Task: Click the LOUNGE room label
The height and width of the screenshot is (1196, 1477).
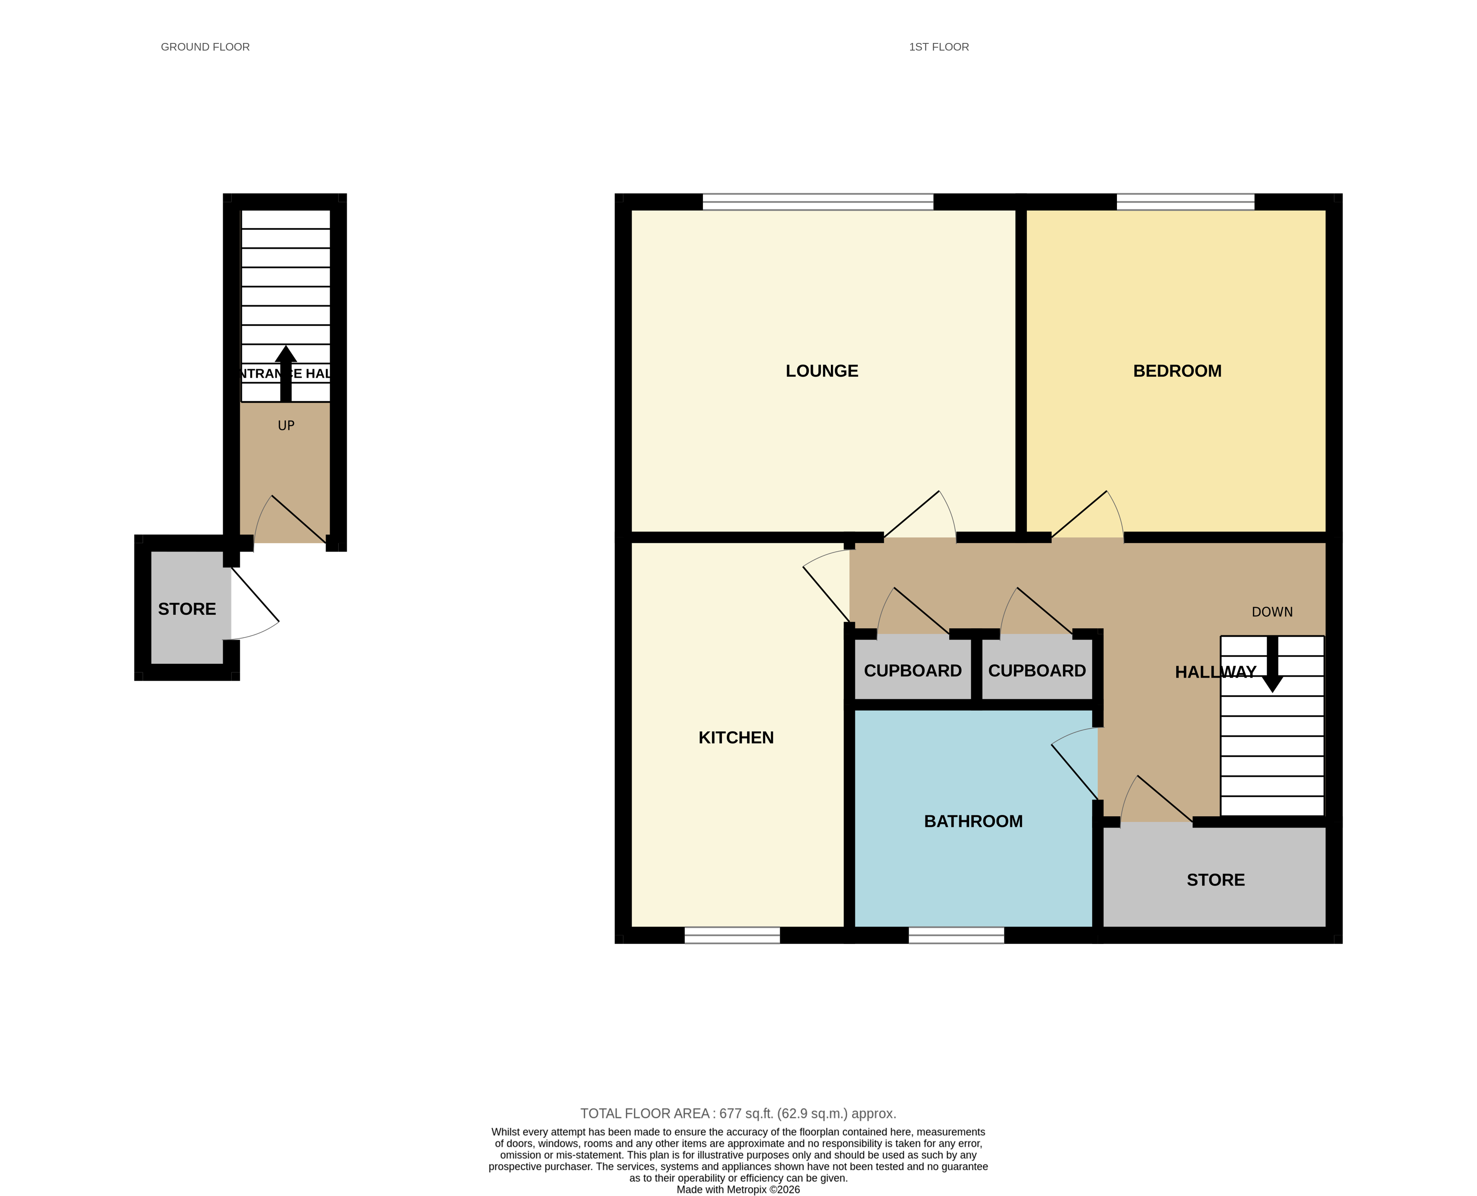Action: [x=822, y=371]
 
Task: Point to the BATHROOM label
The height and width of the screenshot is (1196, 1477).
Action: [x=972, y=821]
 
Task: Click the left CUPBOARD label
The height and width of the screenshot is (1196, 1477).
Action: [x=912, y=671]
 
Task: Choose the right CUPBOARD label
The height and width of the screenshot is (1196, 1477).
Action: [x=1036, y=671]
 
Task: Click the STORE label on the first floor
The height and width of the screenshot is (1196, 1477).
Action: [x=1215, y=880]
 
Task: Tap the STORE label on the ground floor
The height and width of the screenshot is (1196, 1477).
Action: [x=187, y=609]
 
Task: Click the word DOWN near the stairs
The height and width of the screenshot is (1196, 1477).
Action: [x=1272, y=612]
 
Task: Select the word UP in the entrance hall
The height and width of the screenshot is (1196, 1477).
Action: [x=286, y=426]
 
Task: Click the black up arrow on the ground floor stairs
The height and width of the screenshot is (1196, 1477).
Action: [x=286, y=372]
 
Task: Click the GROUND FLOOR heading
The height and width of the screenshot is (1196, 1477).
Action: [x=205, y=47]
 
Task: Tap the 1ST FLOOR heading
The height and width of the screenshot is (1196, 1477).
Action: [x=938, y=47]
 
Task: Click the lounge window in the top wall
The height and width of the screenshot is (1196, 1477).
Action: [x=817, y=202]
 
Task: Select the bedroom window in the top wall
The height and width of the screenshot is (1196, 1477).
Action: [x=1185, y=202]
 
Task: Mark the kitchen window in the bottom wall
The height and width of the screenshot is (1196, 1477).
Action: [x=732, y=935]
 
